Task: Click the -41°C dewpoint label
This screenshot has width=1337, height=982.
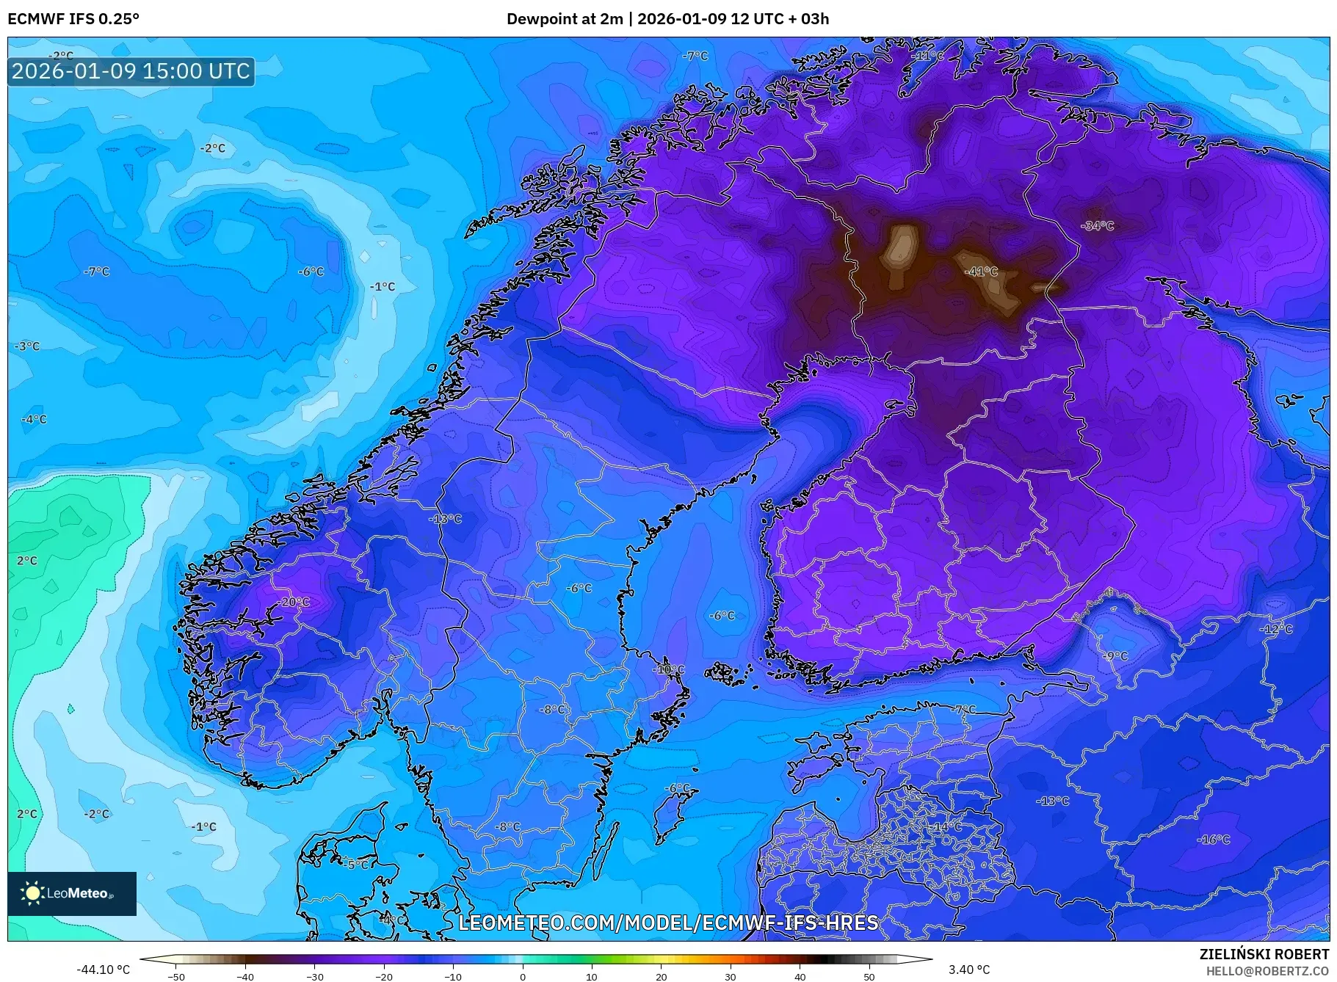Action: pyautogui.click(x=981, y=272)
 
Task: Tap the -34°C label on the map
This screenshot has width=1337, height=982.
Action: pyautogui.click(x=1098, y=226)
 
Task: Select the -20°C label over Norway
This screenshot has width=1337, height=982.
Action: pyautogui.click(x=294, y=602)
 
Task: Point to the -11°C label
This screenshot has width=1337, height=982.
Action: pyautogui.click(x=927, y=56)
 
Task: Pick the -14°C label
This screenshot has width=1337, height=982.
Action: pyautogui.click(x=946, y=826)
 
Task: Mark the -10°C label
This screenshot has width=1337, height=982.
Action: pyautogui.click(x=669, y=669)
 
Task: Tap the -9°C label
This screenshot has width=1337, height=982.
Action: pyautogui.click(x=1115, y=655)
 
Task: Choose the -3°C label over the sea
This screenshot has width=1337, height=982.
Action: pyautogui.click(x=27, y=346)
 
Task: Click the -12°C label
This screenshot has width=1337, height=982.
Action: pyautogui.click(x=1276, y=629)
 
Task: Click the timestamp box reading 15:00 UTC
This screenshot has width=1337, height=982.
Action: pyautogui.click(x=131, y=71)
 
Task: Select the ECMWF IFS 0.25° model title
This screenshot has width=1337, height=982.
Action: pyautogui.click(x=73, y=19)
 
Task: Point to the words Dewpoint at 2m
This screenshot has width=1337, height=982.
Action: pyautogui.click(x=564, y=19)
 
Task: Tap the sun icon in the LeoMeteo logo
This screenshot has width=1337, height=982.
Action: pyautogui.click(x=32, y=892)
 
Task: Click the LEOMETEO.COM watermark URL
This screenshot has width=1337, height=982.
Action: pyautogui.click(x=668, y=923)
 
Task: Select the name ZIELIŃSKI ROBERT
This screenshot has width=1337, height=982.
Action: pyautogui.click(x=1264, y=954)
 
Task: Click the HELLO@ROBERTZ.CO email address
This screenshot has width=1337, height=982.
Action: pyautogui.click(x=1267, y=971)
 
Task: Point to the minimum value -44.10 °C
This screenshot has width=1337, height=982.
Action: pyautogui.click(x=104, y=970)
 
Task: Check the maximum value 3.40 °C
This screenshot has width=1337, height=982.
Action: pyautogui.click(x=969, y=970)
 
